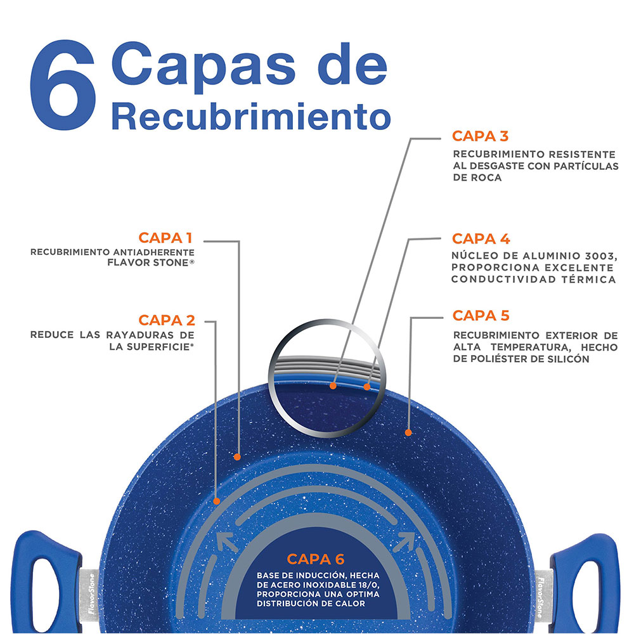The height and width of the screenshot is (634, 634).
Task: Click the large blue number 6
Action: (63, 85)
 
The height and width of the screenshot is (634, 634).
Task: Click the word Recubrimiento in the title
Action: (251, 116)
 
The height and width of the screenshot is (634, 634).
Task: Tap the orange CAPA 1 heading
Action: (165, 238)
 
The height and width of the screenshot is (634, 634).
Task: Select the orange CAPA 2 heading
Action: (167, 320)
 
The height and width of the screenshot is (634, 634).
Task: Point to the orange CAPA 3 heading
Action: (481, 136)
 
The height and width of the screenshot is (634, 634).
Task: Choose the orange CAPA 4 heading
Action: (481, 239)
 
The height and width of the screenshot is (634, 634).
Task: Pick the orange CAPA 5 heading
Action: (481, 316)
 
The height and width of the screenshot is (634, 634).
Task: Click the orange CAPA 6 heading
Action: (315, 559)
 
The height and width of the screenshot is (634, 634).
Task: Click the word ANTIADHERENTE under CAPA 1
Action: (153, 252)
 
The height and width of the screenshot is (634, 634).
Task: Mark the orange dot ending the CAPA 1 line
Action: (237, 457)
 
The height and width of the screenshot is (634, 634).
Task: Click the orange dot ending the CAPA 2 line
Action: (217, 501)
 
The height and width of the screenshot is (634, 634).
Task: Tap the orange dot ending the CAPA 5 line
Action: (408, 432)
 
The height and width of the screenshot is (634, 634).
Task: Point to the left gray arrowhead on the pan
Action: (227, 542)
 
